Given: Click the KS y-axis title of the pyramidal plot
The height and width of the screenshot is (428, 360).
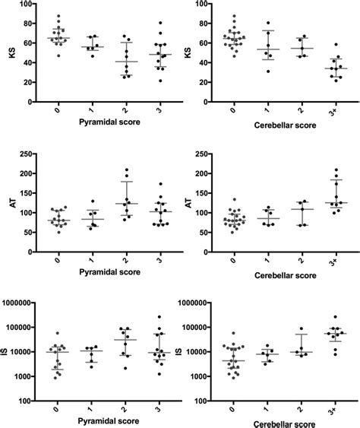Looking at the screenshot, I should click(x=10, y=53).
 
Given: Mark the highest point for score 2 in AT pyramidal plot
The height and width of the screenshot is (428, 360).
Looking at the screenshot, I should click(x=127, y=170).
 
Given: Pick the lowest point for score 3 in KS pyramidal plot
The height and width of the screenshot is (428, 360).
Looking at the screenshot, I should click(x=159, y=81).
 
